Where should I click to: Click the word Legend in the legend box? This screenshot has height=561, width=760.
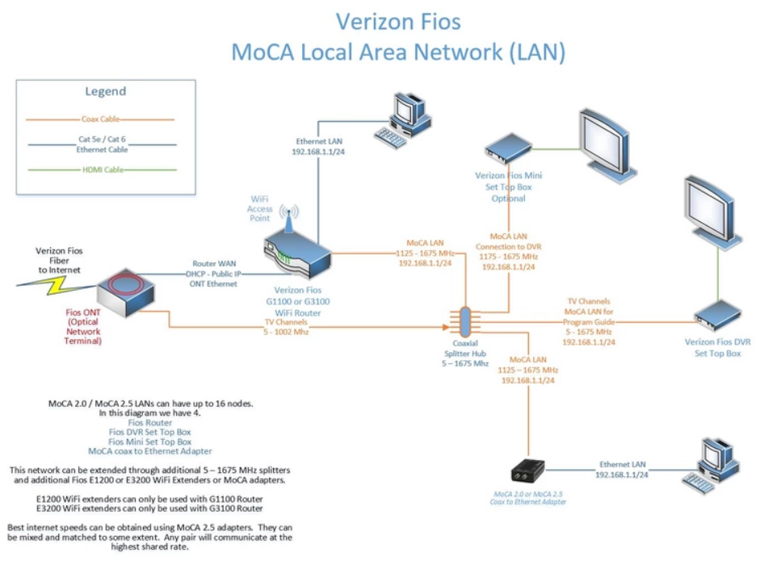(x=105, y=91)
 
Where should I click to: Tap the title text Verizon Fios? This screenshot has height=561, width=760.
(x=398, y=21)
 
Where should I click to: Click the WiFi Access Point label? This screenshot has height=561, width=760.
(x=259, y=207)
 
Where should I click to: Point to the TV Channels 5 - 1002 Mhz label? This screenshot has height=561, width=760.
(x=288, y=324)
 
